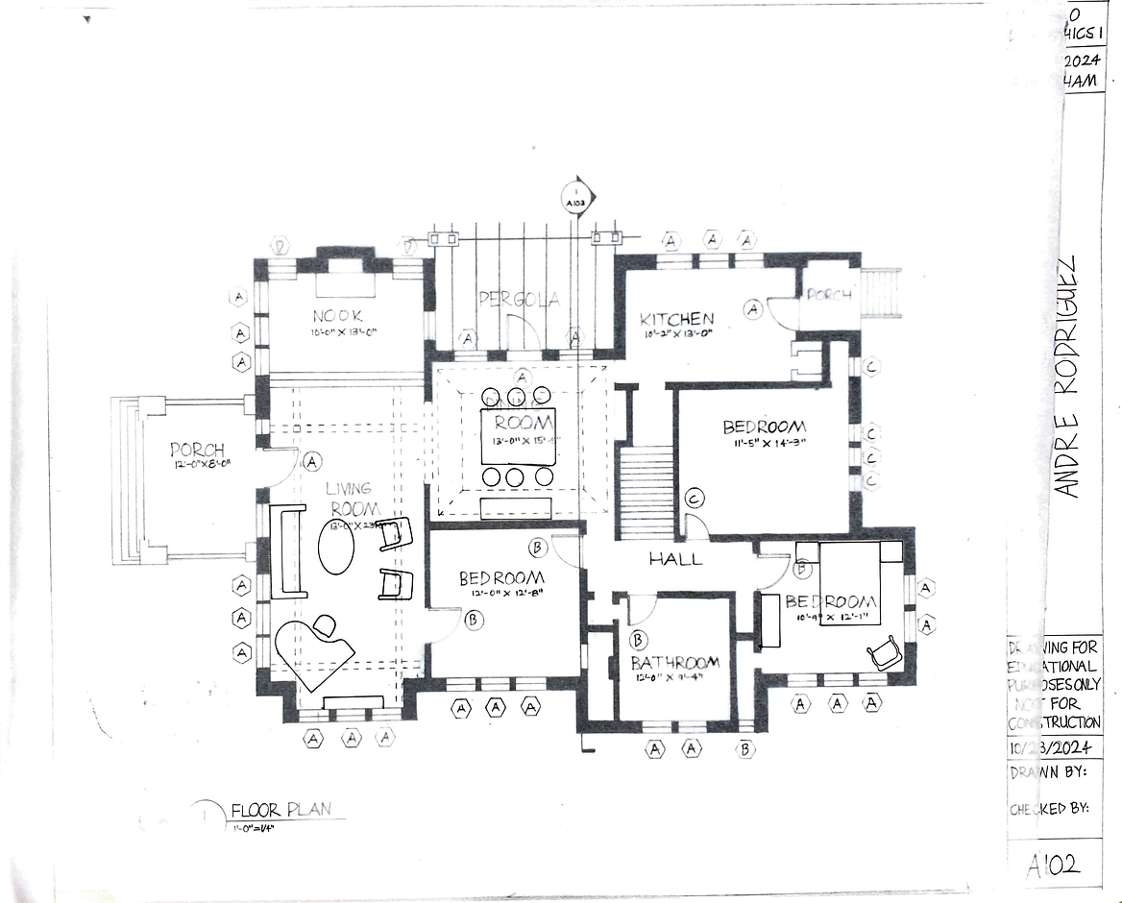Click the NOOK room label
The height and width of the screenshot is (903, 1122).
(337, 315)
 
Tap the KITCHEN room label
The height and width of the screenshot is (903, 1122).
(677, 319)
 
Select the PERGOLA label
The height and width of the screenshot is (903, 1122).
(519, 300)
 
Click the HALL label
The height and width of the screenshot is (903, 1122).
(674, 558)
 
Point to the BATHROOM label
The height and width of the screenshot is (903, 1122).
(674, 663)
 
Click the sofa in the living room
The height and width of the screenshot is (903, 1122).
(288, 551)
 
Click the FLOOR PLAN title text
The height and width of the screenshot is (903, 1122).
(280, 809)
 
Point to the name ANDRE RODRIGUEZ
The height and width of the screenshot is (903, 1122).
(1066, 378)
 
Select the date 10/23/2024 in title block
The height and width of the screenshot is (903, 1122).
(1054, 748)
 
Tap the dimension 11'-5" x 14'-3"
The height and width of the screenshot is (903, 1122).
(764, 444)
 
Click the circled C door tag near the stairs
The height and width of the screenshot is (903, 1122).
(695, 497)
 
